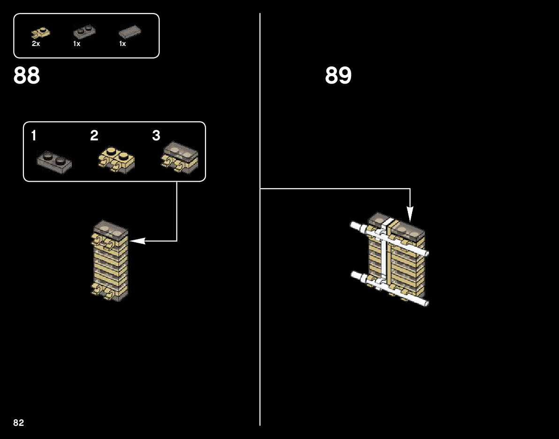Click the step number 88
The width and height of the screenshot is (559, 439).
click(x=27, y=76)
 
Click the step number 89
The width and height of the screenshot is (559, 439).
click(x=338, y=76)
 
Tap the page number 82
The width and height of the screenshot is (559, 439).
click(x=19, y=423)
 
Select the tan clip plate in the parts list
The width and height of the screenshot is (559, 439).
click(x=40, y=33)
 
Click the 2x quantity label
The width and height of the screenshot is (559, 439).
click(x=36, y=44)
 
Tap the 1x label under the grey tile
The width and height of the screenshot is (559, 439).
click(x=123, y=44)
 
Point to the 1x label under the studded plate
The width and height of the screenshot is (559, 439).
click(x=77, y=44)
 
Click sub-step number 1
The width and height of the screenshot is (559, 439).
click(x=34, y=136)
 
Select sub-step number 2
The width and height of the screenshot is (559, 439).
click(x=94, y=136)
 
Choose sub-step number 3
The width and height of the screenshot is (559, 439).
click(x=156, y=136)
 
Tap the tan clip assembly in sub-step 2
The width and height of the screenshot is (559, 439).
click(x=116, y=161)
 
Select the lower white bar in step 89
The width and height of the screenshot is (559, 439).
click(x=390, y=287)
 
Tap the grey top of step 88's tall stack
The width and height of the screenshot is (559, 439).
click(x=110, y=229)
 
